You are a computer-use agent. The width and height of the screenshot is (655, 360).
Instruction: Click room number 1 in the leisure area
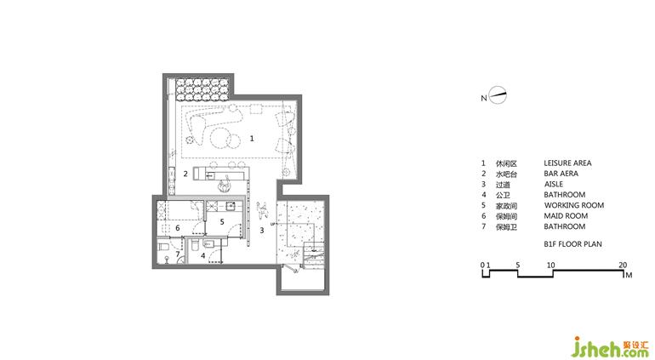pyautogui.click(x=252, y=139)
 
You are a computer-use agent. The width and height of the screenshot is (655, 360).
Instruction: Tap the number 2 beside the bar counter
pyautogui.click(x=185, y=174)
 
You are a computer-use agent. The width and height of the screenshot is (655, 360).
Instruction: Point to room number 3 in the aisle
pyautogui.click(x=262, y=230)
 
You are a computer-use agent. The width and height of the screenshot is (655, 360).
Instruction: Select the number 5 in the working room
pyautogui.click(x=222, y=222)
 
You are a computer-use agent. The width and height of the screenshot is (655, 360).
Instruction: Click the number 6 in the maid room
pyautogui.click(x=178, y=228)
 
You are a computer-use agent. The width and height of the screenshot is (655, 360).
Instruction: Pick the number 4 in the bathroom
pyautogui.click(x=203, y=255)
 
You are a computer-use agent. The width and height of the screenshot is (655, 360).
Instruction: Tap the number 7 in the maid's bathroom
pyautogui.click(x=178, y=254)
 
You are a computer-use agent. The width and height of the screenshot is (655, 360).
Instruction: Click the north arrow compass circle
pyautogui.click(x=498, y=95)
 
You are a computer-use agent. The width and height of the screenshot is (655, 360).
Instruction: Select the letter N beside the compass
pyautogui.click(x=484, y=98)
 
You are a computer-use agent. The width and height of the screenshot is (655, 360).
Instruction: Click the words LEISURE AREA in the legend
pyautogui.click(x=567, y=163)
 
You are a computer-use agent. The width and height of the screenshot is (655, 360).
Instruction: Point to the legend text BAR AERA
pyautogui.click(x=561, y=174)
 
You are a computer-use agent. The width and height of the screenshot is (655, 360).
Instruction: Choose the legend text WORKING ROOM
pyautogui.click(x=574, y=205)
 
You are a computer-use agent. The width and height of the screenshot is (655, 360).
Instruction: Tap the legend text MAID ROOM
pyautogui.click(x=566, y=216)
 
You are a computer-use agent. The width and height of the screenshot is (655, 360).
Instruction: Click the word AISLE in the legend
pyautogui.click(x=554, y=184)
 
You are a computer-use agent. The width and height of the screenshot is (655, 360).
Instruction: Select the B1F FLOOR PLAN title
pyautogui.click(x=572, y=243)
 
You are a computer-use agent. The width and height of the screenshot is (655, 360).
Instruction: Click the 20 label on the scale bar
pyautogui.click(x=623, y=265)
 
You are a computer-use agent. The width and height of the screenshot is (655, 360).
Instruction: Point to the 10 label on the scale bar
pyautogui.click(x=550, y=265)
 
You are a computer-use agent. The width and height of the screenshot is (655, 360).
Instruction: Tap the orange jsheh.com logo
pyautogui.click(x=611, y=347)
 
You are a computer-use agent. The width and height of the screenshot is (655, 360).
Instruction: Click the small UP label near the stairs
pyautogui.click(x=273, y=225)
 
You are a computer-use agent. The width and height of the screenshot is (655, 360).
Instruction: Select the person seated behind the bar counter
pyautogui.click(x=225, y=184)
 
